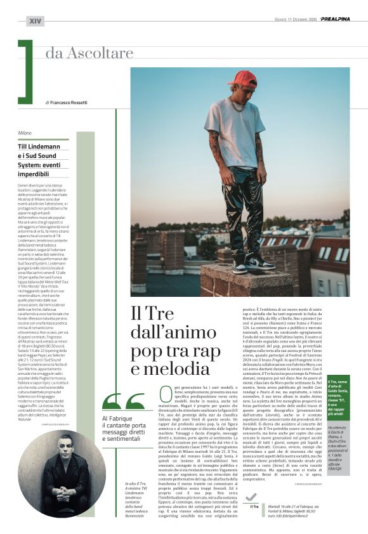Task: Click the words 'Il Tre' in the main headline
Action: [152, 313]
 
